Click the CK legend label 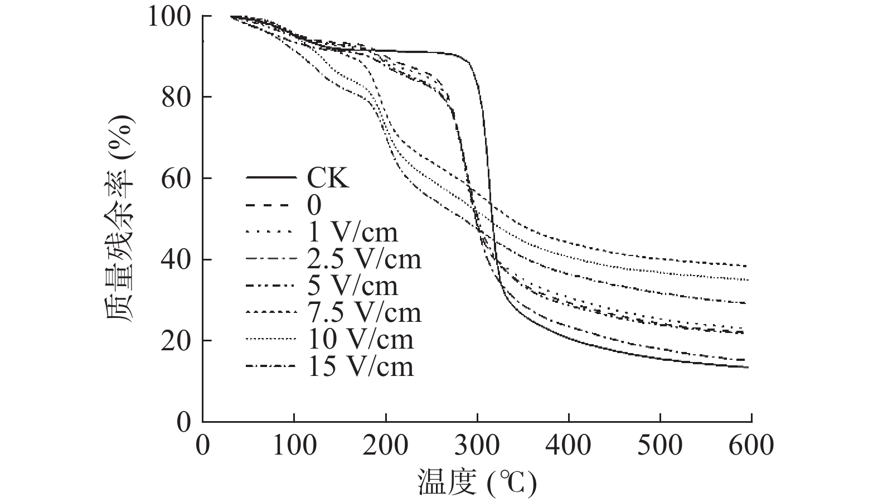coord(328,179)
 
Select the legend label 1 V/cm coord(352,232)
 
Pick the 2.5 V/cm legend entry coord(363,259)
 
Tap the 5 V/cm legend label coord(352,286)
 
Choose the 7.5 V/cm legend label coord(363,312)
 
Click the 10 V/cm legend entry coord(360,339)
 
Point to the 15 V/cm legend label coord(360,366)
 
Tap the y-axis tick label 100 coord(169,17)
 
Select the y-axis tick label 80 coord(177,98)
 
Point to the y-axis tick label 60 coord(177,178)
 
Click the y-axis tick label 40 coord(177,260)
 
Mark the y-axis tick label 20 coord(177,341)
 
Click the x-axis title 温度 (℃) coord(477,482)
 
